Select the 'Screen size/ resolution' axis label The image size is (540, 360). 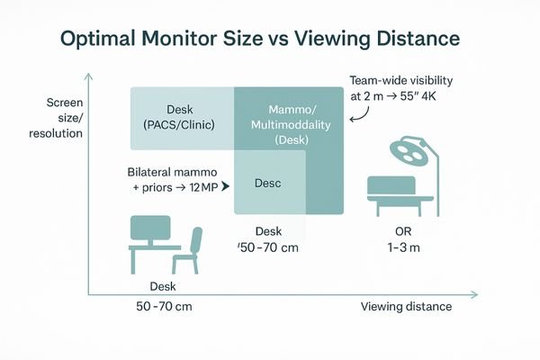61,117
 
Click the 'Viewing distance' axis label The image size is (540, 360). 406,307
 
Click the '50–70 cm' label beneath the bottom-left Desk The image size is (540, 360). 163,307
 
